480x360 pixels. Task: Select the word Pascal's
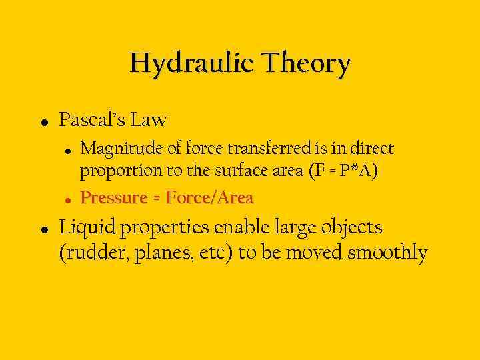92,120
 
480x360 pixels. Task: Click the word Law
149,120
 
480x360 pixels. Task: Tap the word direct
370,148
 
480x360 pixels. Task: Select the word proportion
122,171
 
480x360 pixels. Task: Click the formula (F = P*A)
343,171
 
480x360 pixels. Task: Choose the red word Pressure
113,198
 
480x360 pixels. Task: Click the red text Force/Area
209,198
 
